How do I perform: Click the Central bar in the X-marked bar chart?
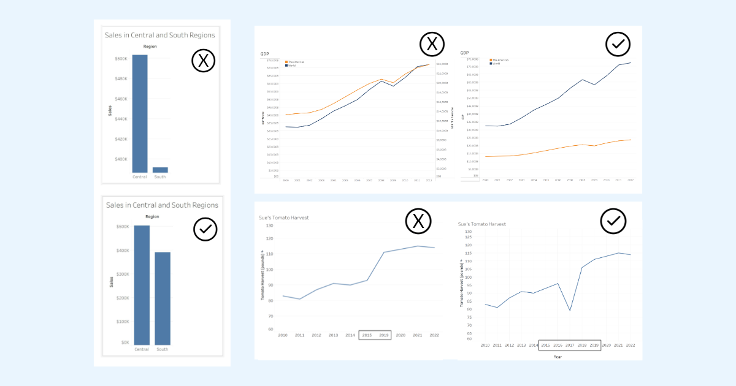coord(140,113)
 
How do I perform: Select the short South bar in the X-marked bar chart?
coord(160,170)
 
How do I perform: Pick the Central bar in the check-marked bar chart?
coord(142,285)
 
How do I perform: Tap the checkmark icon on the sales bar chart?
coord(205,229)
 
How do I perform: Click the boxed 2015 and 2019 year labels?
coord(375,335)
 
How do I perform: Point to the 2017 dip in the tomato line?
coord(570,310)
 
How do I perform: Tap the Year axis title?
coord(557,357)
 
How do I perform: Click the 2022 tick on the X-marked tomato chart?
coord(434,335)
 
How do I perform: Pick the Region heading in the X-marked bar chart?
coord(150,47)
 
